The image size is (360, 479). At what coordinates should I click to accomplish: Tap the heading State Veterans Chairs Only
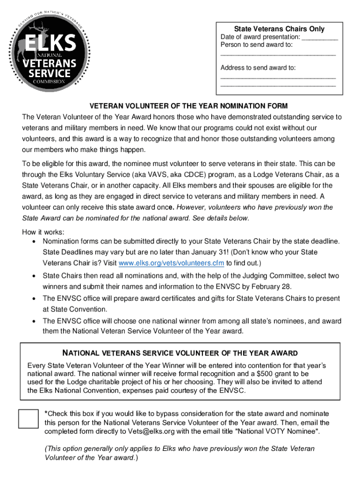[x=279, y=29]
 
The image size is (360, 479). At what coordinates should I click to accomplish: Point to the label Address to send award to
[x=258, y=68]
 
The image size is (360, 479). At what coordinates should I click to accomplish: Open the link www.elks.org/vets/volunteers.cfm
[x=172, y=263]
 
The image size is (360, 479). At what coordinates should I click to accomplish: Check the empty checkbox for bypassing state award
[x=28, y=418]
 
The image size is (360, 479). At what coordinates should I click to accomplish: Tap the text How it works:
[x=43, y=232]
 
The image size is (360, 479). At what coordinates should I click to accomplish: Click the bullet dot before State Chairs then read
[x=34, y=276]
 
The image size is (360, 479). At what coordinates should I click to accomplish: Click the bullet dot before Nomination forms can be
[x=34, y=241]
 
